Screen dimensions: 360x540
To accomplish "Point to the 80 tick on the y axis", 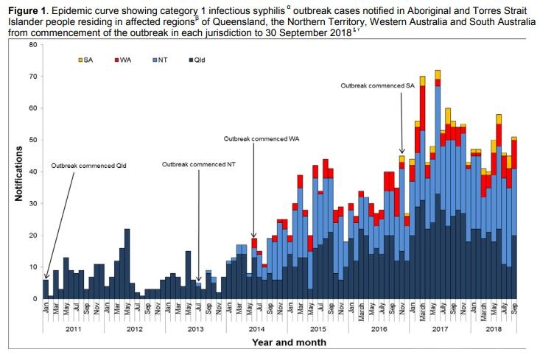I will pyautogui.click(x=32, y=45).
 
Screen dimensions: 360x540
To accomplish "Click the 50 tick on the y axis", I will pyautogui.click(x=32, y=140).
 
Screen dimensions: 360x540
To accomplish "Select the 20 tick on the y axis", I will pyautogui.click(x=32, y=235).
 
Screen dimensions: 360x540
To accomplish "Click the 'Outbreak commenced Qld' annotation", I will pyautogui.click(x=89, y=165).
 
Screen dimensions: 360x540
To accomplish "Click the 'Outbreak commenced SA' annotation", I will pyautogui.click(x=377, y=85).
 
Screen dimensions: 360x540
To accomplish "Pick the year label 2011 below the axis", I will pyautogui.click(x=71, y=329).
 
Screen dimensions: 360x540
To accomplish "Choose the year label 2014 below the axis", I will pyautogui.click(x=251, y=329).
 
